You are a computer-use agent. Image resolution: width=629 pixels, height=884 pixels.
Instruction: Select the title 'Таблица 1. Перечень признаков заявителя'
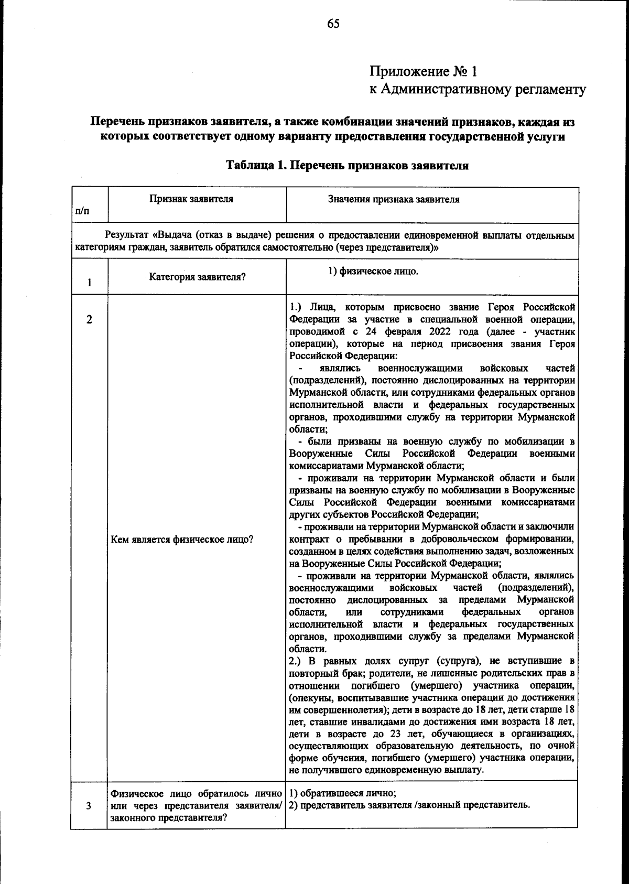coord(346,166)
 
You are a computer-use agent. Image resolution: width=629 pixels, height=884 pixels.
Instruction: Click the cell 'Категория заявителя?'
coord(197,277)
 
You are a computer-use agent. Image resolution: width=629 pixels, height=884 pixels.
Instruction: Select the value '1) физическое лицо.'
coord(373,271)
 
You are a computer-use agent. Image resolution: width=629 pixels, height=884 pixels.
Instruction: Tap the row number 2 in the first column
coord(89,319)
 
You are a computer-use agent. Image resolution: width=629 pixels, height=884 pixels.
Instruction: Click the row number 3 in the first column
coord(89,806)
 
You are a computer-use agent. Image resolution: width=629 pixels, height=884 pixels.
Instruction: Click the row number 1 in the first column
coord(90,283)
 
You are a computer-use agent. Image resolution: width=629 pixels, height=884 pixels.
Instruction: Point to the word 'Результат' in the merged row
coord(124,235)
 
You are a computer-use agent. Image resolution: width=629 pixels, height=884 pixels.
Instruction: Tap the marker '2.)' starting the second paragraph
coord(297,661)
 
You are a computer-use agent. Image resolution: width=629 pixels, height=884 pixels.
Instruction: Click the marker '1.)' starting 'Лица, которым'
coord(297,306)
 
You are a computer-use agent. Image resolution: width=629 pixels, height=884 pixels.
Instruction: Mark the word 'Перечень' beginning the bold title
coord(117,123)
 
